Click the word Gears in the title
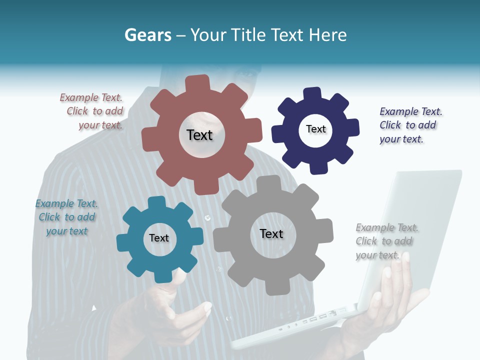coord(147,35)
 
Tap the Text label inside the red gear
coord(199,135)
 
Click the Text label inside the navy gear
coord(315,129)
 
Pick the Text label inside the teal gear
coord(159,238)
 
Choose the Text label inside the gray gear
coord(271,233)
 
